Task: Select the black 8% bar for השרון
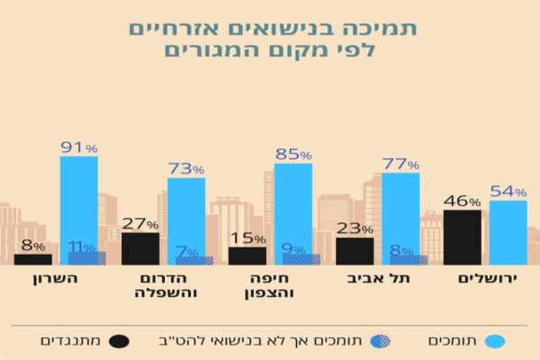click(x=32, y=259)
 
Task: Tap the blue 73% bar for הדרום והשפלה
click(x=186, y=216)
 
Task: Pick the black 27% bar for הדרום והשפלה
click(x=139, y=248)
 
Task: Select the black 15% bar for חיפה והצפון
click(x=247, y=256)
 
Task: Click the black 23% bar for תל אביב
click(x=355, y=251)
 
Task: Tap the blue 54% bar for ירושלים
click(x=508, y=232)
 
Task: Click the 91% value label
click(x=79, y=147)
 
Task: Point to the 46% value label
click(x=462, y=202)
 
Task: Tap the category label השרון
click(x=59, y=280)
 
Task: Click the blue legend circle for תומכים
click(x=492, y=341)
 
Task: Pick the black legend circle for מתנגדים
click(x=118, y=341)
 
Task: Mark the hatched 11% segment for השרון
click(x=86, y=258)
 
